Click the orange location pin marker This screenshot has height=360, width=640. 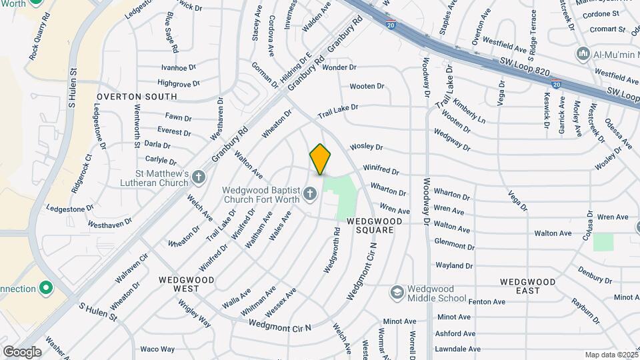pos(320,159)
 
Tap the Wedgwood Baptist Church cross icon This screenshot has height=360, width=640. pos(309,194)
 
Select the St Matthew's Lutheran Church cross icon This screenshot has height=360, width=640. pos(198,177)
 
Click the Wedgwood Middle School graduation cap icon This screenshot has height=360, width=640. pos(397,293)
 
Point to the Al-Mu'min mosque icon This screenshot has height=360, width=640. pos(583,53)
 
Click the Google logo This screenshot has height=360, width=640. pos(22,351)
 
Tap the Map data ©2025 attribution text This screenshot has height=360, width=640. pos(611,355)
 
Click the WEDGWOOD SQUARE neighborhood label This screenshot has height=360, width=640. pos(374,225)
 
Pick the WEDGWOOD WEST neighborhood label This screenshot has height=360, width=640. pos(186,284)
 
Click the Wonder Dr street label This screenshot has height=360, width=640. pos(339,67)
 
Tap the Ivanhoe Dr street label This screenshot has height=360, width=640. pos(178,67)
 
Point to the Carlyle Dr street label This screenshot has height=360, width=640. pos(161,161)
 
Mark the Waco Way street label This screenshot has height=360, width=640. pos(157,349)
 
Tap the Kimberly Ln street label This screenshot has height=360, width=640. pos(469,111)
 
